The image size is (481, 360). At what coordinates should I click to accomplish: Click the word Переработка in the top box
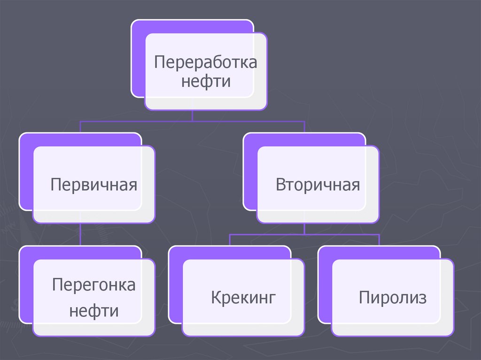[206, 62]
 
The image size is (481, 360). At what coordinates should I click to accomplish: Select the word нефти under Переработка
[206, 82]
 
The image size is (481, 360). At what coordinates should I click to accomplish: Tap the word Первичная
[94, 184]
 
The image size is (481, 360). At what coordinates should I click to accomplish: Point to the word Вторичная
[318, 184]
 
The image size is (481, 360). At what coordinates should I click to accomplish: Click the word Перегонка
[94, 284]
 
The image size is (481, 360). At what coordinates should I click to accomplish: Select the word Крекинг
[242, 298]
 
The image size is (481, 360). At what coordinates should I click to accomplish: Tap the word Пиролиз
[393, 298]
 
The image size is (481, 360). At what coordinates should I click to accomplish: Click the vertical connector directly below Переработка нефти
[192, 116]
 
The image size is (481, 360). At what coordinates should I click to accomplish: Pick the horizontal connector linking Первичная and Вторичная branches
[141, 122]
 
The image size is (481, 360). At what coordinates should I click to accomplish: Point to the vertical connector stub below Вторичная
[304, 228]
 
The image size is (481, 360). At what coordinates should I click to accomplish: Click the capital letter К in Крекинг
[216, 298]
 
